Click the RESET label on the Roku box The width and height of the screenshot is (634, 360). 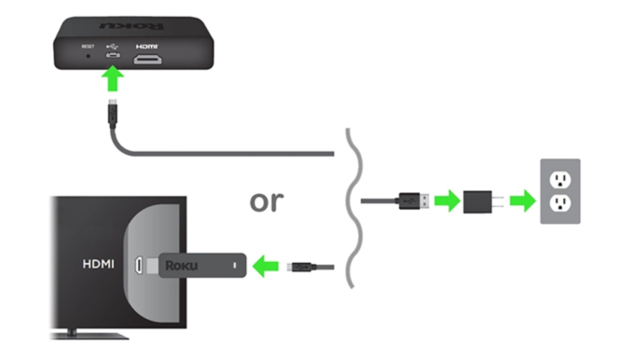(x=89, y=44)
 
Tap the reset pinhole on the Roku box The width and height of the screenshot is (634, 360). (x=89, y=57)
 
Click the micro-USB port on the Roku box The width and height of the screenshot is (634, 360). (x=112, y=58)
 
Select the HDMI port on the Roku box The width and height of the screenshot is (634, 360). (x=146, y=59)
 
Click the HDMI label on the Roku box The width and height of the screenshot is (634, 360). (x=146, y=44)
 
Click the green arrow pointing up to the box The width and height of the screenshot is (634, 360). (x=112, y=83)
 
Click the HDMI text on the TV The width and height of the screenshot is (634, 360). (x=98, y=265)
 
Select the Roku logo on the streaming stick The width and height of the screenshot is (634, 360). (x=183, y=265)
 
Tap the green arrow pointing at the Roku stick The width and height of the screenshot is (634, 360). (x=268, y=266)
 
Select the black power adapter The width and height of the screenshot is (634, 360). (x=482, y=200)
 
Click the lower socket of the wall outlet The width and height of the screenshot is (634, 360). (x=561, y=205)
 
